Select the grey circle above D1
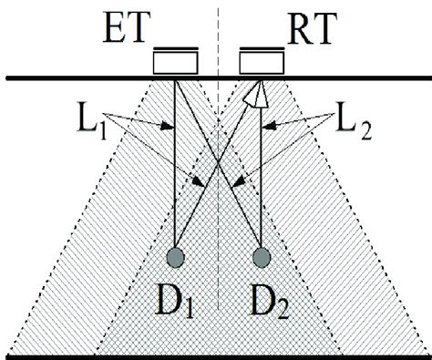tap(175, 257)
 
